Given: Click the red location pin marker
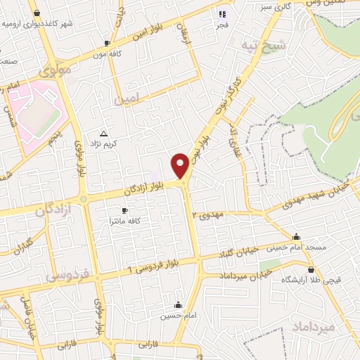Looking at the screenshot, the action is click(x=181, y=165).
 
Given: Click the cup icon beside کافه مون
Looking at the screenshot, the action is click(x=107, y=42).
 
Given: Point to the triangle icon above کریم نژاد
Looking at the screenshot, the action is click(x=104, y=133).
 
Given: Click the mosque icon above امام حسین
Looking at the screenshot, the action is click(x=179, y=305).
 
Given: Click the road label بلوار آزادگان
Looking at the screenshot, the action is click(x=145, y=188).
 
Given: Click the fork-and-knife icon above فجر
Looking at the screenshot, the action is click(x=222, y=13).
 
